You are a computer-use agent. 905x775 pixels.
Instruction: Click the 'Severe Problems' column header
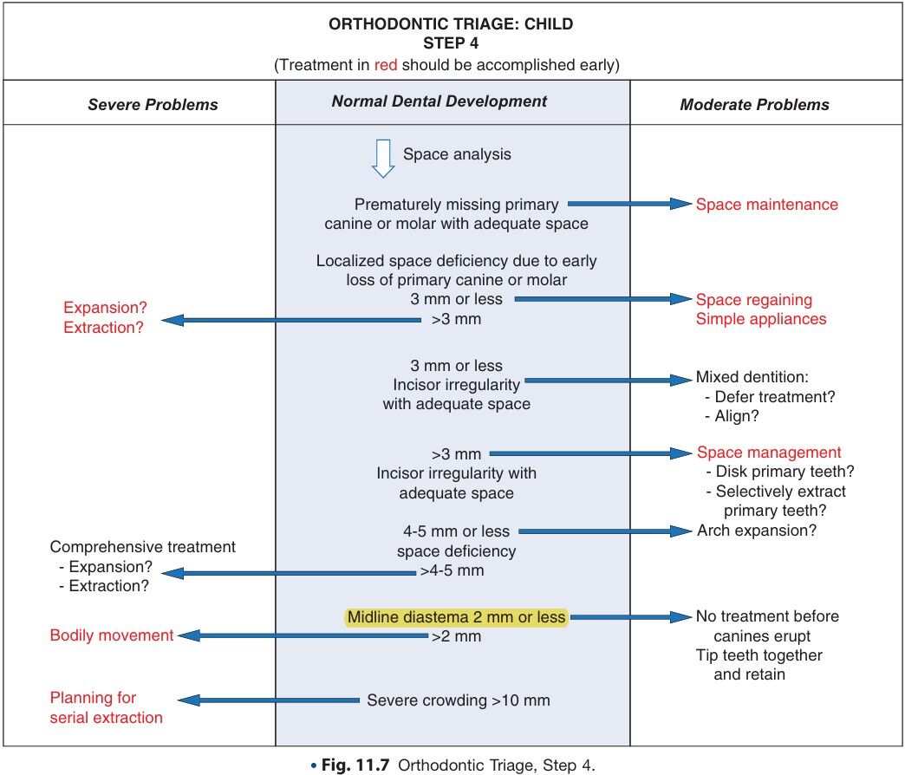click(x=153, y=105)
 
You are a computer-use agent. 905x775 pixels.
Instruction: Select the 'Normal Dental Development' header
click(x=439, y=101)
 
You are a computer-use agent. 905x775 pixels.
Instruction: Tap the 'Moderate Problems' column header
click(x=754, y=105)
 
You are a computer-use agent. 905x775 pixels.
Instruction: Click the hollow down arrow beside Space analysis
click(x=382, y=159)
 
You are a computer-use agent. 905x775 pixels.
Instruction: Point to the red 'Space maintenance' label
click(x=767, y=205)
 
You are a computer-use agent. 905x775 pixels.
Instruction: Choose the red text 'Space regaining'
click(x=754, y=300)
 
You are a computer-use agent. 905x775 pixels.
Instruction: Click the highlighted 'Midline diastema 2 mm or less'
click(x=456, y=617)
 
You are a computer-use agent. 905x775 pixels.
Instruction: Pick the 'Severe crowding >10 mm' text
click(x=459, y=700)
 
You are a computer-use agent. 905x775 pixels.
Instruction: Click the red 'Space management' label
click(x=769, y=453)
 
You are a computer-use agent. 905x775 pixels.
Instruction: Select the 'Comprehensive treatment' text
click(x=143, y=548)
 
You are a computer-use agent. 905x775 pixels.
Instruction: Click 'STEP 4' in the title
click(x=451, y=42)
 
